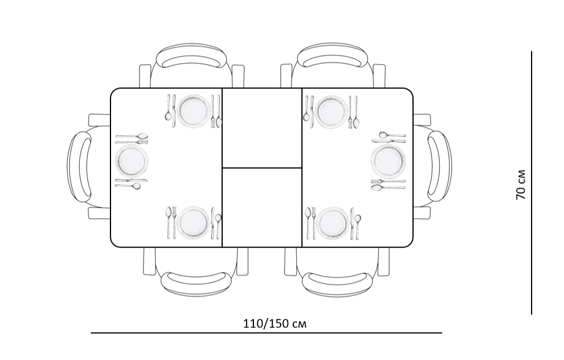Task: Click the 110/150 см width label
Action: coord(275,324)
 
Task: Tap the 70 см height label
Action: coord(521,184)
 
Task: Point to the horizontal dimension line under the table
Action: coord(266,333)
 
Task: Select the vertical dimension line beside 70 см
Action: coord(531,183)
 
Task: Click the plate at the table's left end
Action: coord(132,160)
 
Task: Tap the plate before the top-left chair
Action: coord(194,111)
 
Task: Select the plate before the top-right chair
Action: coord(331,112)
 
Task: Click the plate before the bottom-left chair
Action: coord(194,222)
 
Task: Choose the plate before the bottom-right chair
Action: coord(333,223)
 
